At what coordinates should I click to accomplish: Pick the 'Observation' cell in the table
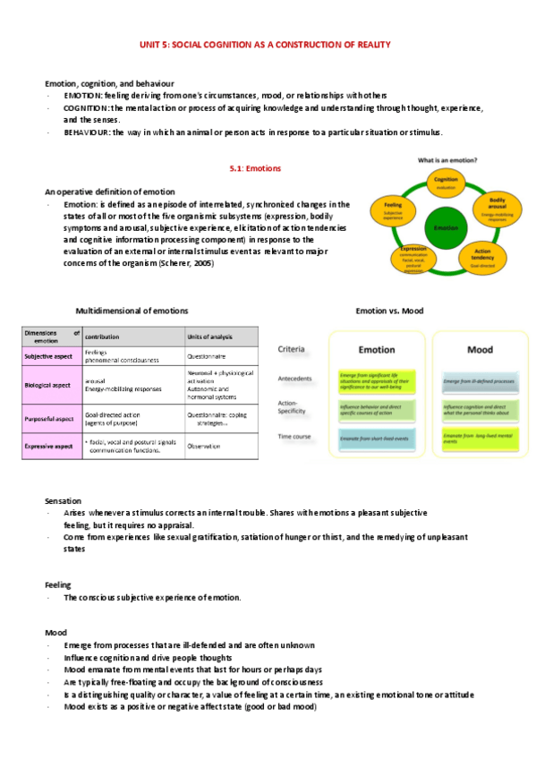203,446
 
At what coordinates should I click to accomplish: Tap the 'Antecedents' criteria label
296,379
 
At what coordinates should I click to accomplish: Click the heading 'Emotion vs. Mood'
389,311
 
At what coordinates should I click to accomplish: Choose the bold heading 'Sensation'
63,499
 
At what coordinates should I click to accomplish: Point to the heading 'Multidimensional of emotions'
132,311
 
